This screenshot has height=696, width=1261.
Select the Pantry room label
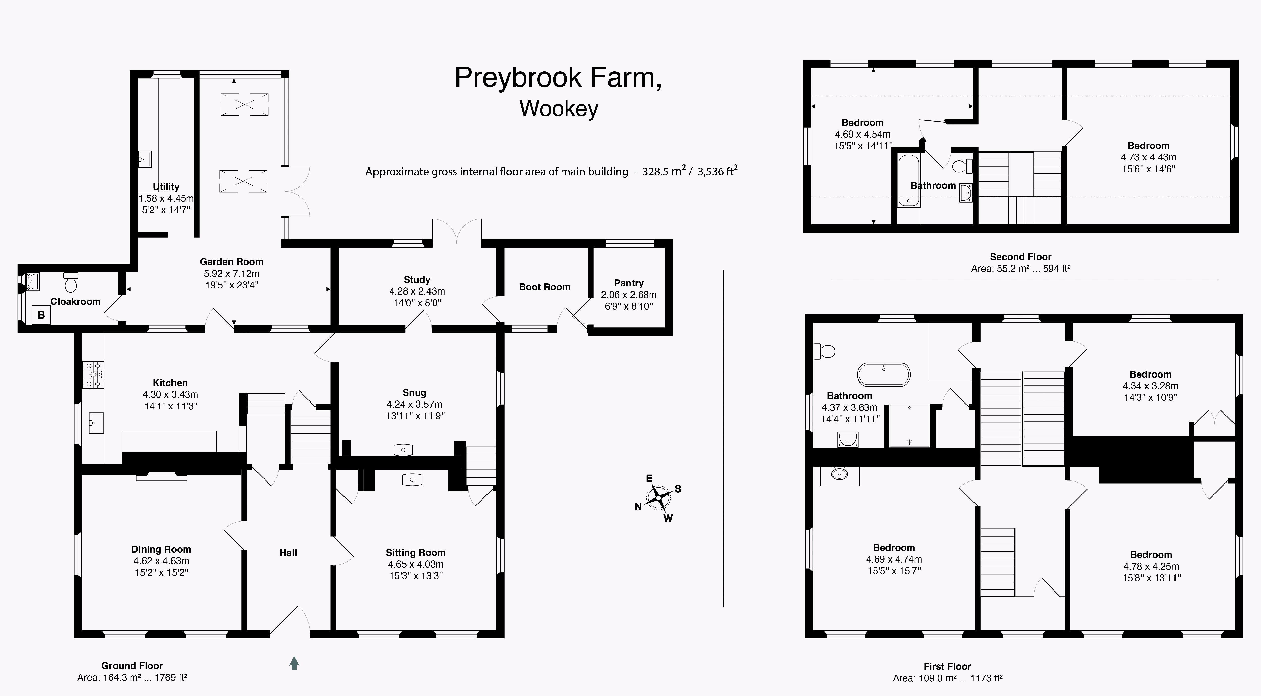click(x=628, y=283)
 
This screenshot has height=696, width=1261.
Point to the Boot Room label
click(x=544, y=287)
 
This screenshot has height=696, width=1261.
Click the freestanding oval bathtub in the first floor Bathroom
click(x=883, y=374)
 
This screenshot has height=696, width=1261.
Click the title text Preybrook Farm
click(x=558, y=77)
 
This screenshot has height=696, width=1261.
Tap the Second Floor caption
click(x=1021, y=257)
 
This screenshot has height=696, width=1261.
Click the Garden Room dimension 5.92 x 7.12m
click(x=232, y=273)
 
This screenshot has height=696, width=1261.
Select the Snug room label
click(x=414, y=393)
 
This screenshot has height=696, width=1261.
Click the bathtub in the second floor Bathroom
click(x=908, y=180)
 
